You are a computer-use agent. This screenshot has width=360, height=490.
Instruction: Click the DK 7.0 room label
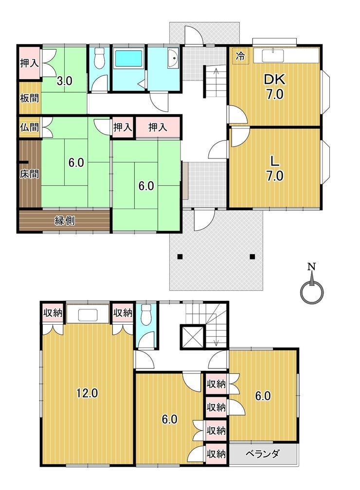(x=274, y=87)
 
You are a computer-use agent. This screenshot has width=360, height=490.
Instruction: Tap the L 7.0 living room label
(x=274, y=169)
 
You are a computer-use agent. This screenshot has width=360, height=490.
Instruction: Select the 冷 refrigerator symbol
(x=240, y=56)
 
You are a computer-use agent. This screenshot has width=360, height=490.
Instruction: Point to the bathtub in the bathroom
(x=129, y=58)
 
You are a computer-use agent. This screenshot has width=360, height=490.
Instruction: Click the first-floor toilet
(x=99, y=58)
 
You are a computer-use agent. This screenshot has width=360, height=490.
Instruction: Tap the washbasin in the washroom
(x=173, y=58)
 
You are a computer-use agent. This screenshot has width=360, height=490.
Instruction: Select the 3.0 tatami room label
(x=64, y=81)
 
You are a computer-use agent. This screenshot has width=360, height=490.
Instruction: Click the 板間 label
(x=29, y=98)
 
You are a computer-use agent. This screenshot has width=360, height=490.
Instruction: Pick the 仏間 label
(x=29, y=127)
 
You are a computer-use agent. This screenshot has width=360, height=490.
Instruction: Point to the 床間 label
(x=29, y=174)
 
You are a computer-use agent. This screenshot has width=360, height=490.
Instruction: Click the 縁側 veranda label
(x=64, y=221)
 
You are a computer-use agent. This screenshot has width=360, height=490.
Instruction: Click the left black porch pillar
(x=180, y=257)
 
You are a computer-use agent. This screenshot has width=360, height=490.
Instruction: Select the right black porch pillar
(x=252, y=257)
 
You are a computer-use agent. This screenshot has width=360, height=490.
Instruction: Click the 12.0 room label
(x=88, y=393)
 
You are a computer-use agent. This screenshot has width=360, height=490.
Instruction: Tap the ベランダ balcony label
(x=262, y=454)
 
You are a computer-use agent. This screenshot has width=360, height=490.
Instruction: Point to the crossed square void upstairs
(x=192, y=337)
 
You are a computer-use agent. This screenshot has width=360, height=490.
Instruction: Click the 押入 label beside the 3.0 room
(x=29, y=63)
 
